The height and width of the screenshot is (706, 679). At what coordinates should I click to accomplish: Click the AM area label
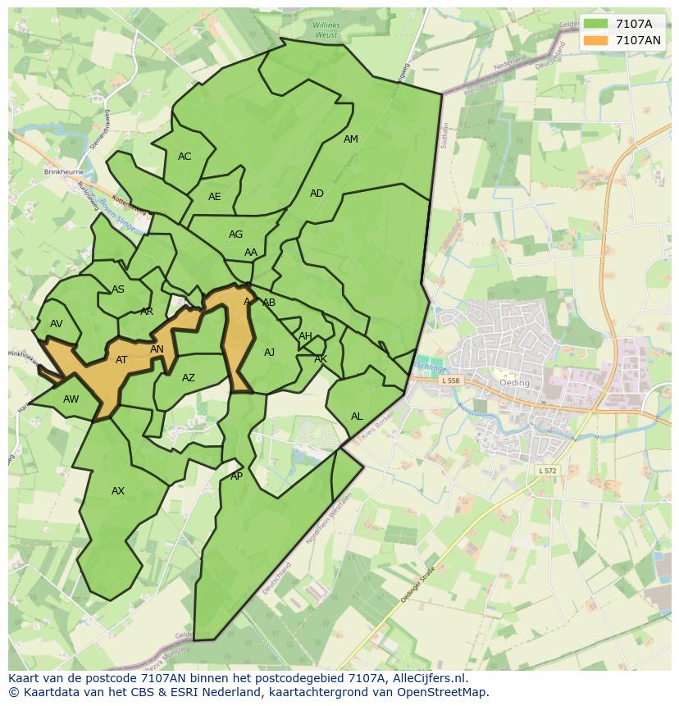tap(351, 139)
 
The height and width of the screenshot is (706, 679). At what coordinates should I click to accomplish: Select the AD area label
tap(317, 194)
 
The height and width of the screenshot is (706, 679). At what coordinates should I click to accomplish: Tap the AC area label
tap(185, 157)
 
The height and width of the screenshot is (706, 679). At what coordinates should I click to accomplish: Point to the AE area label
tap(215, 197)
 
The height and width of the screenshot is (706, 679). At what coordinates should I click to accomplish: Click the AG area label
tap(236, 235)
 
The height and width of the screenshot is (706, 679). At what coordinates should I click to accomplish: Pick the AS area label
tap(118, 289)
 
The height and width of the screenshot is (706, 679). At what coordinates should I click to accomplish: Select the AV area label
tap(56, 324)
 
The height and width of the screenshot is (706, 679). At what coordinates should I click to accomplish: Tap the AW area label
tap(71, 399)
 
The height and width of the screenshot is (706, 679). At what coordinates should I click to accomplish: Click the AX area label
tap(118, 491)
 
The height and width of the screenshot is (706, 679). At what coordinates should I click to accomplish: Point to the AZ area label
tap(189, 378)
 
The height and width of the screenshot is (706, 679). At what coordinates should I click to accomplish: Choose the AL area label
tap(357, 417)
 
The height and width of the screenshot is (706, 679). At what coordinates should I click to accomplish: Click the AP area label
tap(236, 476)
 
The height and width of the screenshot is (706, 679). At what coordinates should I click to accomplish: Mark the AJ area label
tap(270, 353)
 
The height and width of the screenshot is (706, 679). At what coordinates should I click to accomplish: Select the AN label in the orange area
tap(157, 349)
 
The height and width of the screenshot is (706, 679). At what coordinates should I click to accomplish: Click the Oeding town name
tap(514, 383)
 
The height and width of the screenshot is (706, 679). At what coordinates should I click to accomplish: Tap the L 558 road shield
tap(450, 380)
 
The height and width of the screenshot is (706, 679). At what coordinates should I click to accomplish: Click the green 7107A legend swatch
tap(595, 24)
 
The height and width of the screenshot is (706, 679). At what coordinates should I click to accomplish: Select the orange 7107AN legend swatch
tap(595, 40)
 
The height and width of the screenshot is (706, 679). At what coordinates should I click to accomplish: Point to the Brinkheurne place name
tap(64, 173)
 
